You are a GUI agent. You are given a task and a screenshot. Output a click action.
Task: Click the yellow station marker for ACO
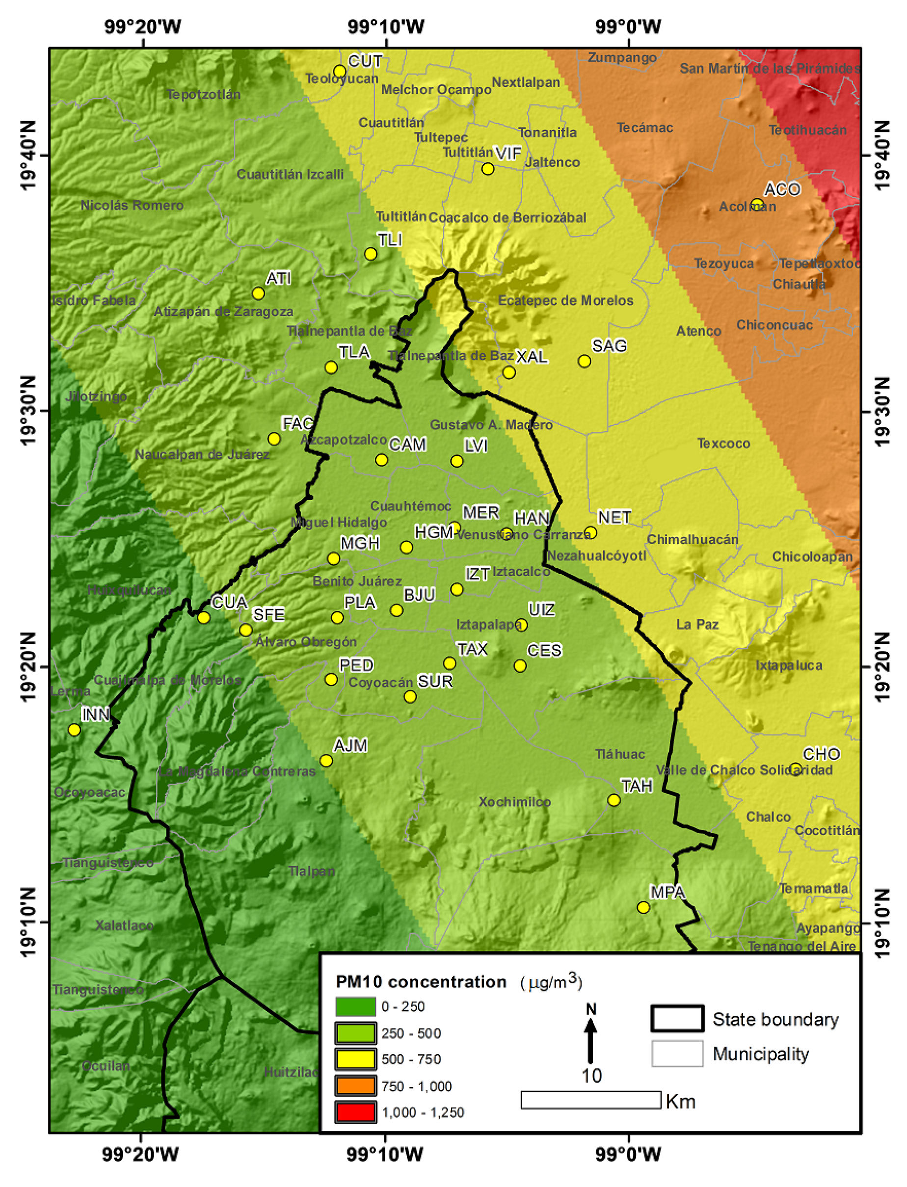757,204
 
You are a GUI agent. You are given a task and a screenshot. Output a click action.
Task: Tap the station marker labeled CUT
339,71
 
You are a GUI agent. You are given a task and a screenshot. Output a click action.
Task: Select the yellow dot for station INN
74,730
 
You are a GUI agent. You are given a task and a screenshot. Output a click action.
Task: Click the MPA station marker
643,907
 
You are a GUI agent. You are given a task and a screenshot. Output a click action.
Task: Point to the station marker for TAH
614,800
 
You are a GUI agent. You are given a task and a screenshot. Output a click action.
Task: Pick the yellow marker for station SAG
584,361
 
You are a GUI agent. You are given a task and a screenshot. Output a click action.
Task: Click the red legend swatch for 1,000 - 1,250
355,1112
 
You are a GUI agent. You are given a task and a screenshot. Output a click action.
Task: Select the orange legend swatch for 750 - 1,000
355,1086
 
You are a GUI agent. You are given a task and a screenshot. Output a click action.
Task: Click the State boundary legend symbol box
677,1019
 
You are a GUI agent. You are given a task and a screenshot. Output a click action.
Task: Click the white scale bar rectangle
590,1100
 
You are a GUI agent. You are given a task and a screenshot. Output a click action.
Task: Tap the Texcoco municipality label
723,443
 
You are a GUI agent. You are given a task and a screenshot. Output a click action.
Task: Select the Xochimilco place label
514,802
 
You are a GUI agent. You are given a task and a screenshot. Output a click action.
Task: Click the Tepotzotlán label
204,95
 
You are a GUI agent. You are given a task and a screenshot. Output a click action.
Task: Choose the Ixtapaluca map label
789,665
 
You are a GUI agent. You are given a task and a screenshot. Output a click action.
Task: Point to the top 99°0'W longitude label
628,26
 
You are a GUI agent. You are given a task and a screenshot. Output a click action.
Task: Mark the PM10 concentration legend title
421,982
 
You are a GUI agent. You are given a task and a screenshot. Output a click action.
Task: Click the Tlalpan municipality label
312,870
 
